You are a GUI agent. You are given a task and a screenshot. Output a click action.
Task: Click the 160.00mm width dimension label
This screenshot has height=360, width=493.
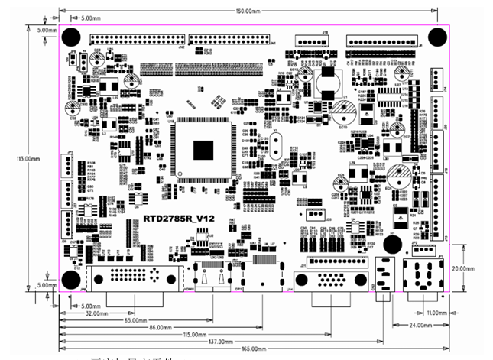pos(247,11)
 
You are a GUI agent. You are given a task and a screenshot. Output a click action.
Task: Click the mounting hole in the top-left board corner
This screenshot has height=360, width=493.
pos(70,36)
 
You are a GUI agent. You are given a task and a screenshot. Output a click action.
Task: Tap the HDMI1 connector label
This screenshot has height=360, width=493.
pos(189,290)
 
